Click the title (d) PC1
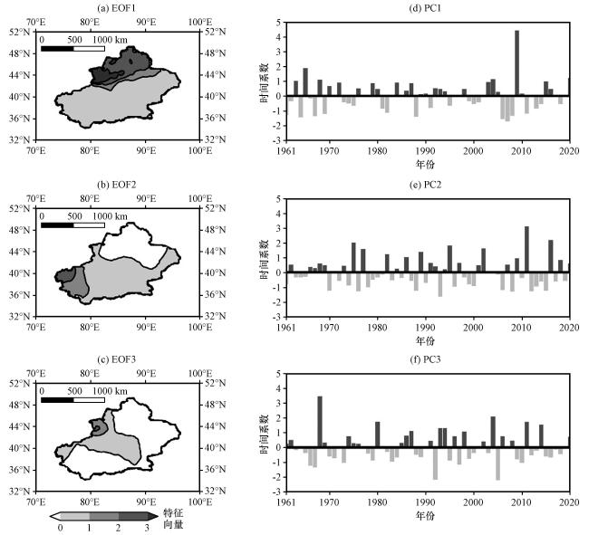pos(428,9)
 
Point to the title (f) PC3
pos(428,362)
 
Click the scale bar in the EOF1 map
pos(73,48)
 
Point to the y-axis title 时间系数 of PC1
pos(264,85)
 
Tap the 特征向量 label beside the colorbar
pos(172,518)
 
